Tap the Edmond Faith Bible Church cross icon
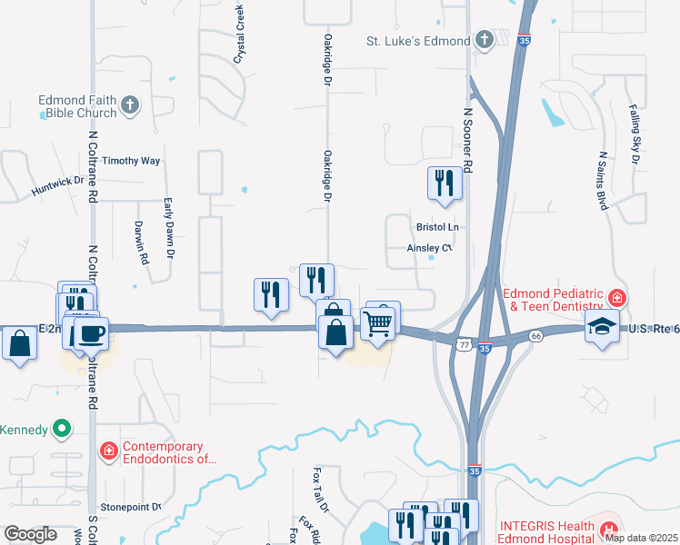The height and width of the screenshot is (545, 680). pos(130,105)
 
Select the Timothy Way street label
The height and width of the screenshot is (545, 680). pos(131,161)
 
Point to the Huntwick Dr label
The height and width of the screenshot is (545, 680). pos(57,187)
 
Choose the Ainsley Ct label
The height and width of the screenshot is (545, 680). pos(429,247)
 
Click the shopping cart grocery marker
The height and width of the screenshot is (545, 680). pos(377,322)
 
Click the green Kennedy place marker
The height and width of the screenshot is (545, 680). pos(62,428)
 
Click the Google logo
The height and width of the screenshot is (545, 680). pos(30,534)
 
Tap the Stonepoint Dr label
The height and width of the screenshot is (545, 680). pos(130,506)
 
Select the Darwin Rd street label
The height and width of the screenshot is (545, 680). pos(141,242)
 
